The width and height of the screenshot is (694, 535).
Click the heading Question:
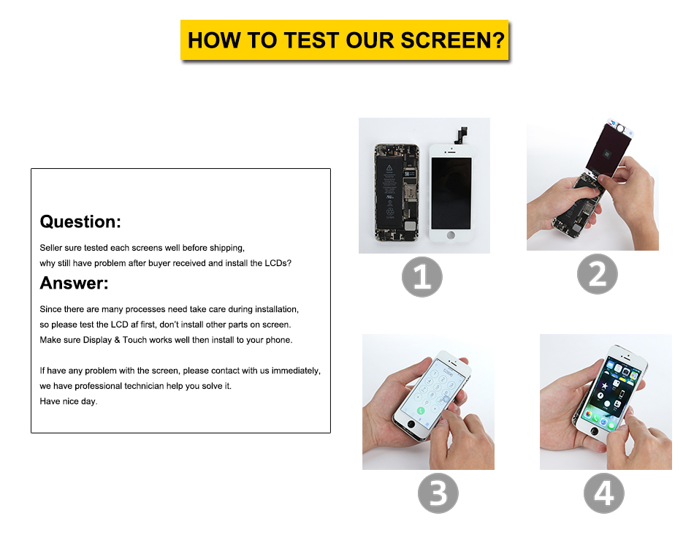tap(80, 221)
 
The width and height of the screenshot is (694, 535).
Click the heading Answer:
tap(74, 283)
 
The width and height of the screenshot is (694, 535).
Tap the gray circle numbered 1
tap(422, 277)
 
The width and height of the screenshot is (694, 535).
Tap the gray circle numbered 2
tap(597, 274)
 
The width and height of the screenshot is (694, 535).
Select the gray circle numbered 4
tap(603, 493)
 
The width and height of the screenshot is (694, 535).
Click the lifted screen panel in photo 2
tap(610, 150)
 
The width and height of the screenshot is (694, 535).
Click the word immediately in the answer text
tap(295, 371)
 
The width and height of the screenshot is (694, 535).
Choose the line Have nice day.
tap(68, 401)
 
